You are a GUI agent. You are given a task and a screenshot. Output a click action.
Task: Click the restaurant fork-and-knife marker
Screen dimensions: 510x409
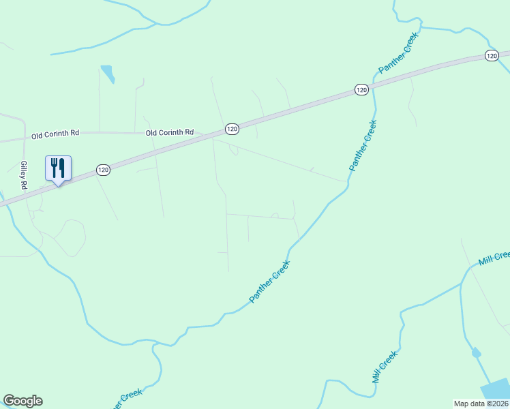58,168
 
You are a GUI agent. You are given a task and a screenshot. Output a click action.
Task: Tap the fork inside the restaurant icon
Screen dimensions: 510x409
54,166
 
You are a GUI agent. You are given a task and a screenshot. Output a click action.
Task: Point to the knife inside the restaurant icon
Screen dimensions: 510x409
62,166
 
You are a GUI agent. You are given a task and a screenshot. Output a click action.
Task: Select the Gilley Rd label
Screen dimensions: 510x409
23,175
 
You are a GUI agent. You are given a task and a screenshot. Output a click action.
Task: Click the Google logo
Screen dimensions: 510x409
22,401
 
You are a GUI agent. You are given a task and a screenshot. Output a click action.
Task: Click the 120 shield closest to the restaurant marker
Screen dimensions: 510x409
103,170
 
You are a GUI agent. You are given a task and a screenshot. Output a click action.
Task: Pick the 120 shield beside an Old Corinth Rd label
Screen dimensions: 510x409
232,128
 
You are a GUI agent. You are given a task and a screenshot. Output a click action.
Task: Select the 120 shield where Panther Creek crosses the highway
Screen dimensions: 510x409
361,89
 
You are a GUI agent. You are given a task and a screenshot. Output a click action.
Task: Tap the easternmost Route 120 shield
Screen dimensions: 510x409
492,55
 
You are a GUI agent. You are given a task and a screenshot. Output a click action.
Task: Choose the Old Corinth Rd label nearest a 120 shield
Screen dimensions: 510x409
170,132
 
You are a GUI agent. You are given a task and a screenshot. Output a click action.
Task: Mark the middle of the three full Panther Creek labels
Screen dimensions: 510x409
362,145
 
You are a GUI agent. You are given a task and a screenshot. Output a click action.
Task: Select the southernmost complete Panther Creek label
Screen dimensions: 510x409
270,282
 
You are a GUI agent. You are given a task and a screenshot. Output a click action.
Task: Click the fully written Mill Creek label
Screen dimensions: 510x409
385,367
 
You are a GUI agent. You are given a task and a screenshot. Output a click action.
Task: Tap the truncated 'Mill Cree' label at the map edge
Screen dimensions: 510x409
494,258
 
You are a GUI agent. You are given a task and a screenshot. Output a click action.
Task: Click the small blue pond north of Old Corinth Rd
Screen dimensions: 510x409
107,72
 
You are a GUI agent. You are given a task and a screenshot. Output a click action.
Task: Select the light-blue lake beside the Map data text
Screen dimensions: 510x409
496,390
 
